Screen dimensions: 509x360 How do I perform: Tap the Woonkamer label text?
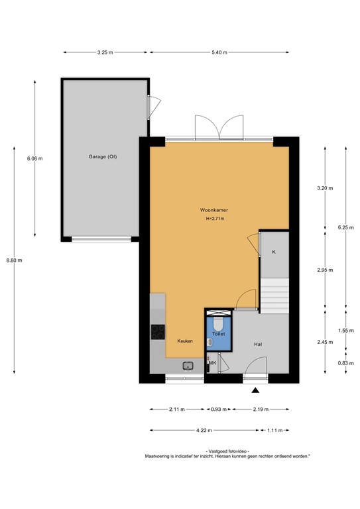[x=214, y=210]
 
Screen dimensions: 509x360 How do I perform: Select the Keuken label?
[x=184, y=341]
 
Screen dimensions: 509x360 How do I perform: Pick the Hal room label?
[x=259, y=345]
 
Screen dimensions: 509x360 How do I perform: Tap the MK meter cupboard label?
[x=213, y=363]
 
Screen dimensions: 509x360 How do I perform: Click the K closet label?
[x=274, y=253]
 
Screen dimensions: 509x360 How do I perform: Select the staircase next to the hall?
[x=274, y=295]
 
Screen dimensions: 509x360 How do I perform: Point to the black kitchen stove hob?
[x=158, y=331]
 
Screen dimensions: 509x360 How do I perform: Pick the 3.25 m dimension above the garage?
[x=105, y=52]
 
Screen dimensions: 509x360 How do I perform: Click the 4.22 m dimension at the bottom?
[x=204, y=430]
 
